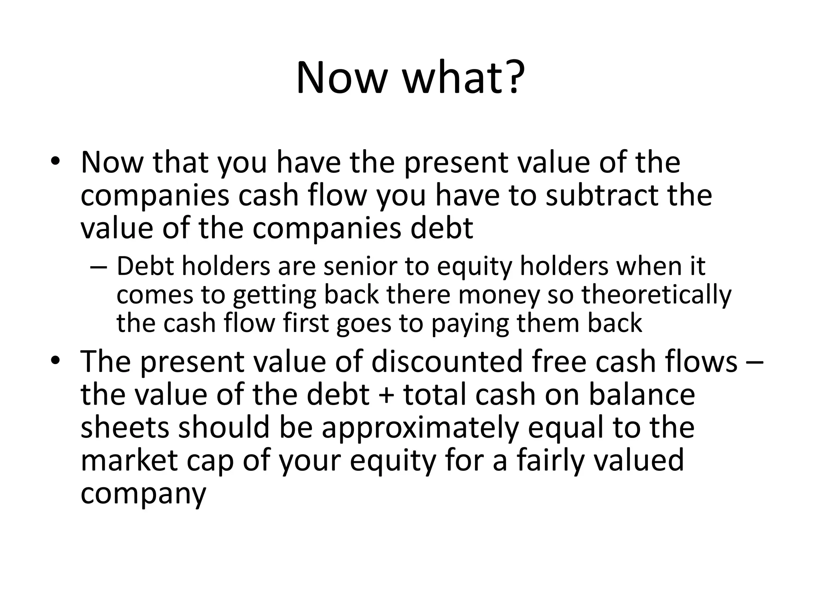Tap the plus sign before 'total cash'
point(386,395)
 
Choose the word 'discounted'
point(447,361)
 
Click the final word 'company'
point(143,494)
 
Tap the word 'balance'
point(641,394)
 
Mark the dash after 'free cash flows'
point(755,362)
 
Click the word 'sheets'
point(125,427)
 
